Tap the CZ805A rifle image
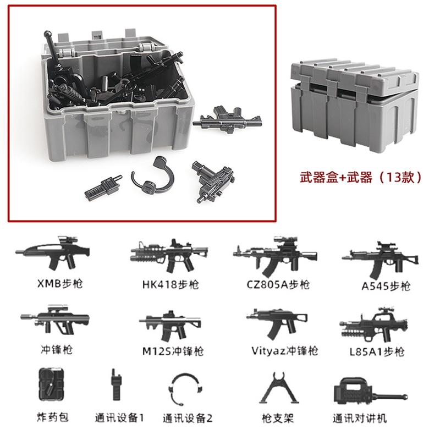[276, 256]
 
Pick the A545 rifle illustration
[380, 258]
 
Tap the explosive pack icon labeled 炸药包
[51, 384]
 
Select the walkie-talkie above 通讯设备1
[116, 385]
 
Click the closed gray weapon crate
[354, 105]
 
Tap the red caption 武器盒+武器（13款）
[361, 177]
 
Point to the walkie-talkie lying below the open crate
[103, 186]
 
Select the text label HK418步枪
[170, 284]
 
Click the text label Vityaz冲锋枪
[284, 351]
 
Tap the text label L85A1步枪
[377, 352]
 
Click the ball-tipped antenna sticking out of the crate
[52, 48]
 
